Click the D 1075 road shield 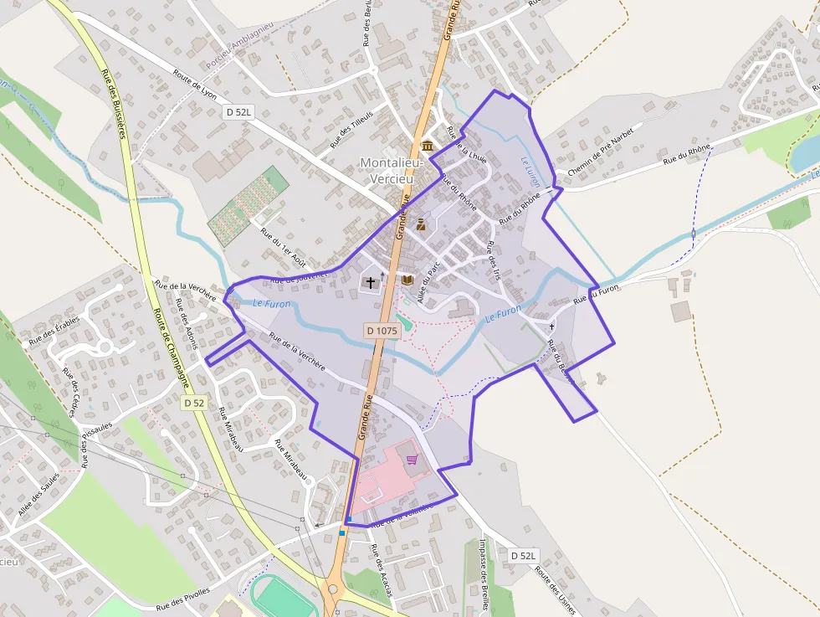[x=382, y=331]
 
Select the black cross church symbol [x=371, y=283]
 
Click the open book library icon [x=407, y=280]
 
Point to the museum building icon [x=428, y=147]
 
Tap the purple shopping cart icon [x=412, y=459]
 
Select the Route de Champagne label [x=172, y=336]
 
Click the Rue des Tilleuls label [x=351, y=129]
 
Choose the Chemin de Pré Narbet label [x=600, y=152]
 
